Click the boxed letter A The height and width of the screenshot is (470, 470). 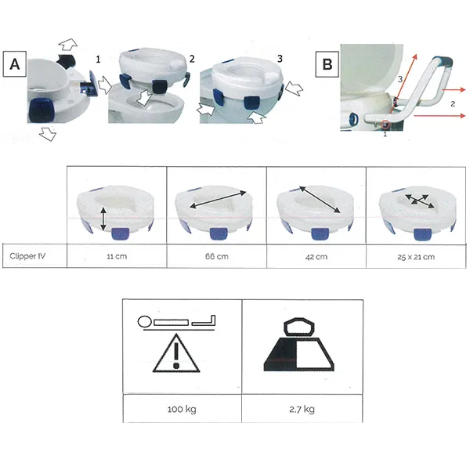tap(15, 64)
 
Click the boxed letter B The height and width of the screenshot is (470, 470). tap(327, 64)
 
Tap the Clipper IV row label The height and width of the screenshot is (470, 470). tap(27, 256)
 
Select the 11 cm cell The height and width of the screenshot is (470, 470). tap(117, 256)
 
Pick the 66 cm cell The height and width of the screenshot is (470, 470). tap(217, 256)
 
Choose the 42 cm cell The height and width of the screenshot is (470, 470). tap(316, 257)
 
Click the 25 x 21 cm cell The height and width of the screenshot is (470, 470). tap(416, 257)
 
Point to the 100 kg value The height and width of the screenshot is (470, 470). tap(182, 409)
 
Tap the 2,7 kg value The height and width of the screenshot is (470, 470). tap(302, 409)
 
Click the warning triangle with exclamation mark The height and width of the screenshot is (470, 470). tap(176, 354)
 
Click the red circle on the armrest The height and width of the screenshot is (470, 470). tap(385, 125)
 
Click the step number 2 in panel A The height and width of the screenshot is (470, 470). tap(192, 59)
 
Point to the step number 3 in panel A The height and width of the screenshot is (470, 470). tap(280, 59)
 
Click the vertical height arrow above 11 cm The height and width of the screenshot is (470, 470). tap(103, 219)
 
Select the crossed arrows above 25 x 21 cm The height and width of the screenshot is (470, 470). tap(419, 201)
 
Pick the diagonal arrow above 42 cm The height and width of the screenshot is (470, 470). tap(320, 199)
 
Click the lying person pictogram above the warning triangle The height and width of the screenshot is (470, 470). tap(177, 322)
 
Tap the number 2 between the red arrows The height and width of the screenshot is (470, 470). tap(453, 103)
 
